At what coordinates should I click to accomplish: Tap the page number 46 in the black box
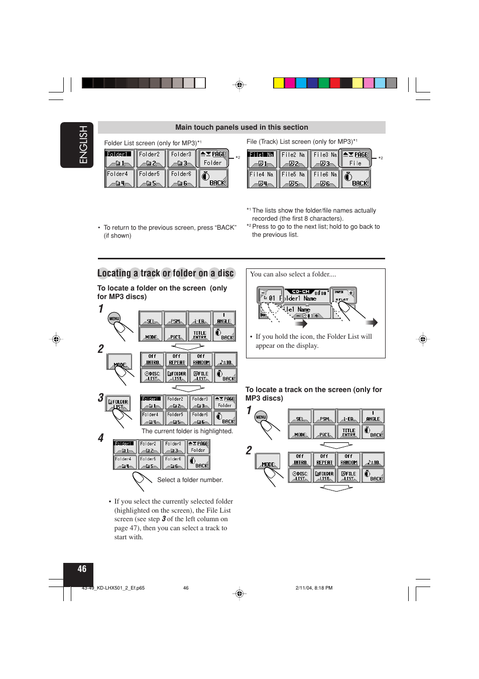pos(82,569)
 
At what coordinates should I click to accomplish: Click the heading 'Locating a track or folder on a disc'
pos(166,273)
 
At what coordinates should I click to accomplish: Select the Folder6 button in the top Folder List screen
pos(181,178)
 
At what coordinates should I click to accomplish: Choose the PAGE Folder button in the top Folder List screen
pos(213,158)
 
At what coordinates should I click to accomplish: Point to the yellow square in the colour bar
pos(279,83)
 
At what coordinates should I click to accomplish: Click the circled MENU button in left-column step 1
pos(114,318)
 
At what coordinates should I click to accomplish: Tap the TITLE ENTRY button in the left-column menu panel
pos(200,334)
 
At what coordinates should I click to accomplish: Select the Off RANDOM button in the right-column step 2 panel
pos(348,459)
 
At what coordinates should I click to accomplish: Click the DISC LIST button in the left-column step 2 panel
pos(152,375)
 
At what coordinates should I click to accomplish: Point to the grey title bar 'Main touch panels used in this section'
pos(242,127)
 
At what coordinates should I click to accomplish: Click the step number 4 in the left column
pos(101,438)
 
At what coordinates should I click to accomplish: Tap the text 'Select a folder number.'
pos(190,480)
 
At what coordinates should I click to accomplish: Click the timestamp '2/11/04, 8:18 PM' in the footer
pos(314,588)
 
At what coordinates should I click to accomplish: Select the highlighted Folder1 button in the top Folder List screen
pos(119,158)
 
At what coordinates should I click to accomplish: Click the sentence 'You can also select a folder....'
pos(293,274)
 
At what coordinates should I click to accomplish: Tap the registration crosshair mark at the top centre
pos(240,85)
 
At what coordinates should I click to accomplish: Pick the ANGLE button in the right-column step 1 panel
pos(373,416)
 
